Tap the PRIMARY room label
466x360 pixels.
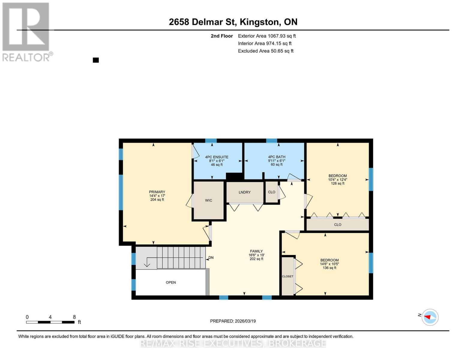157,192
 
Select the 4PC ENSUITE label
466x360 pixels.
217,157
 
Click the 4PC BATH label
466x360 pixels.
276,157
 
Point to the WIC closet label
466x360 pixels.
209,200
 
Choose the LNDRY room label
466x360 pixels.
245,192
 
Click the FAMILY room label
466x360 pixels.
256,251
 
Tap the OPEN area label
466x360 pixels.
171,282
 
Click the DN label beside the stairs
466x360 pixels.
211,258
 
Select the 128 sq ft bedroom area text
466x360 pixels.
338,184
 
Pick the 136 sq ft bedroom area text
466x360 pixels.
329,268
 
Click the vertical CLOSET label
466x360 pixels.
287,276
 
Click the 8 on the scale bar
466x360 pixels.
74,317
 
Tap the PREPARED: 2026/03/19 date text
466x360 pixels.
233,321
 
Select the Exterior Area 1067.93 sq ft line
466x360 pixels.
267,36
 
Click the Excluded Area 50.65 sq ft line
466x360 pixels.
266,51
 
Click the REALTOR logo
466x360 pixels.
26,31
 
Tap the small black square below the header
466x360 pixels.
96,60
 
